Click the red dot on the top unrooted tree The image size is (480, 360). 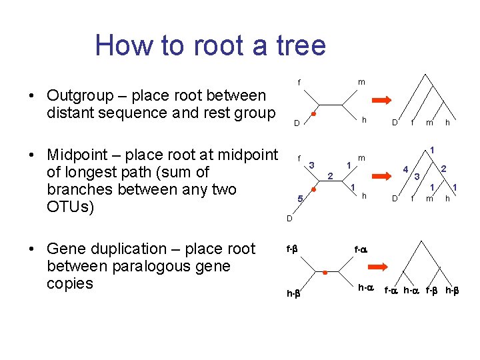(313, 114)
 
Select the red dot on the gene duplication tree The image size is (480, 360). (324, 272)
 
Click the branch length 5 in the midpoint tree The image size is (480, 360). (300, 199)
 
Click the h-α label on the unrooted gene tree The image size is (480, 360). (365, 288)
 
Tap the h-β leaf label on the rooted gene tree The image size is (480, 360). (451, 290)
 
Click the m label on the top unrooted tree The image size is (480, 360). (361, 82)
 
